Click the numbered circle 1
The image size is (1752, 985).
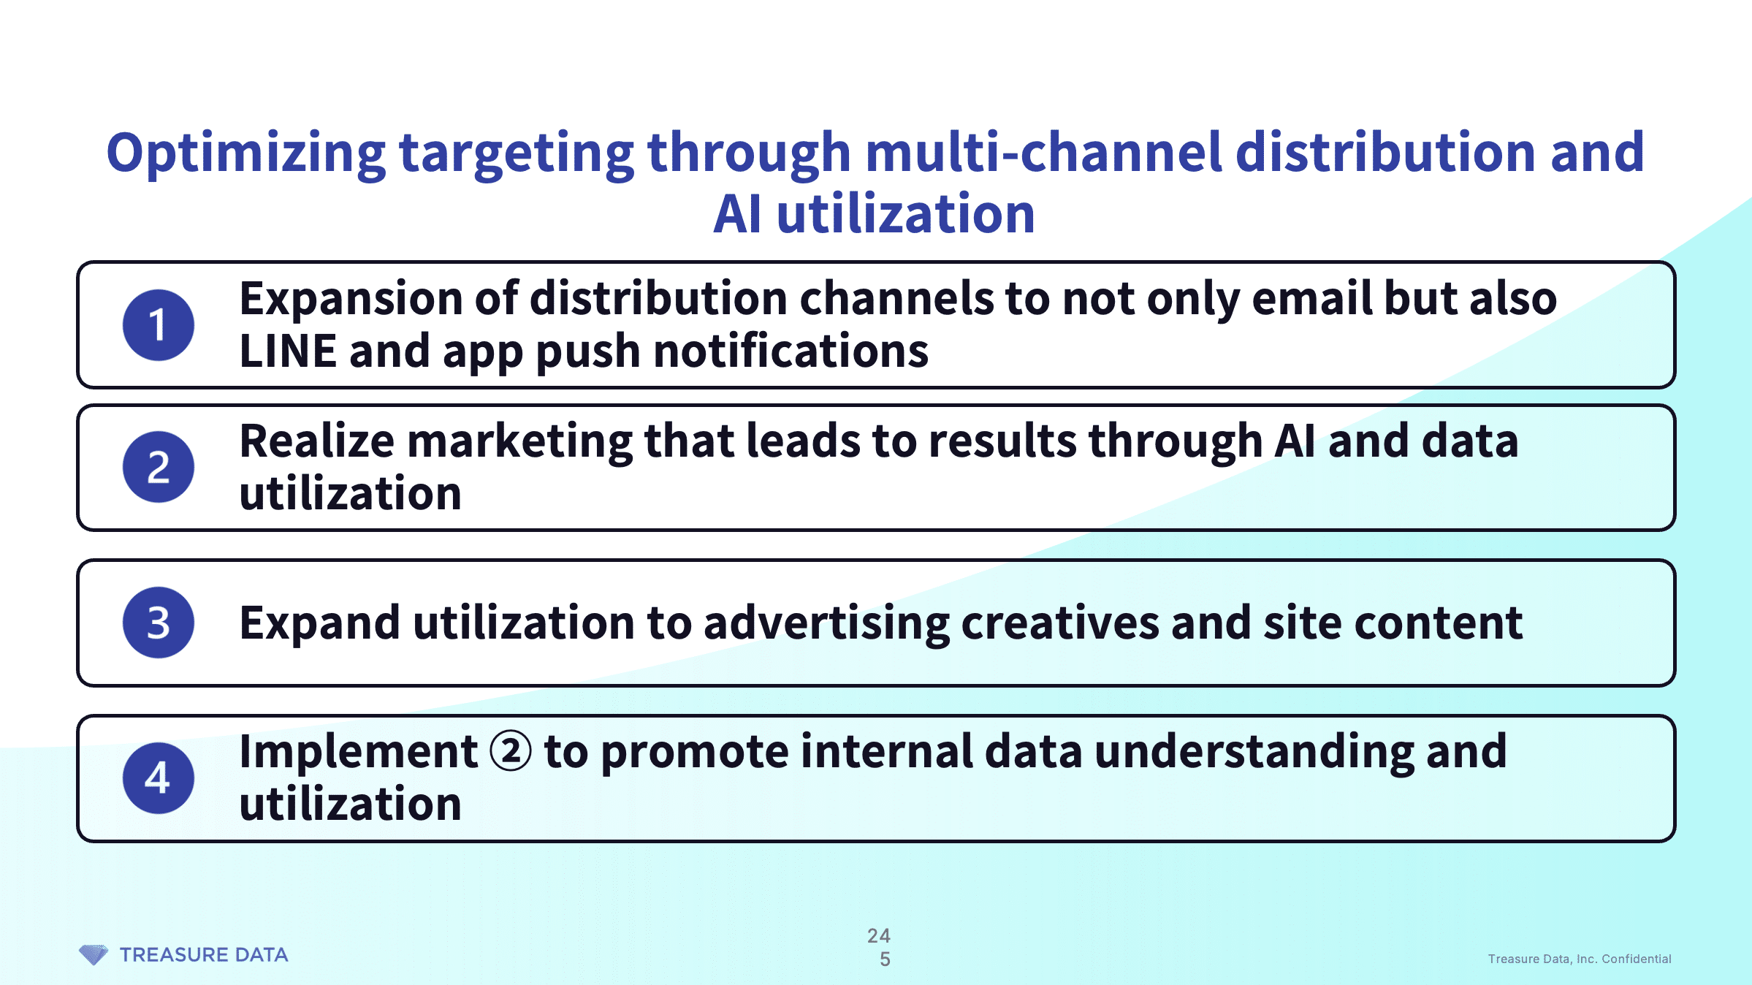pyautogui.click(x=159, y=325)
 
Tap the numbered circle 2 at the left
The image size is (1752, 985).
pyautogui.click(x=159, y=467)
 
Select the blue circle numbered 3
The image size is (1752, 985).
pyautogui.click(x=159, y=623)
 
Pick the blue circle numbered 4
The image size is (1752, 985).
pyautogui.click(x=159, y=778)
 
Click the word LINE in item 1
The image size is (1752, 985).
pyautogui.click(x=288, y=351)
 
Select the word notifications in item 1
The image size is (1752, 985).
pyautogui.click(x=791, y=351)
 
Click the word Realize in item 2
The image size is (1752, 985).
pyautogui.click(x=317, y=441)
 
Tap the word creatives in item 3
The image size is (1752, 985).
pyautogui.click(x=1060, y=623)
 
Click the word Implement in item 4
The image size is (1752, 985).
pyautogui.click(x=359, y=753)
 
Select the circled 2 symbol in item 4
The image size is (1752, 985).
pyautogui.click(x=511, y=752)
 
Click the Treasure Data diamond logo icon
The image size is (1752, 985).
pyautogui.click(x=94, y=954)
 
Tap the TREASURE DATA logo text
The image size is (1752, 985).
pyautogui.click(x=204, y=955)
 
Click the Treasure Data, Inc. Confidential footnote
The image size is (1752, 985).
pyautogui.click(x=1580, y=959)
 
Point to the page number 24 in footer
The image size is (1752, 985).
pyautogui.click(x=879, y=935)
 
